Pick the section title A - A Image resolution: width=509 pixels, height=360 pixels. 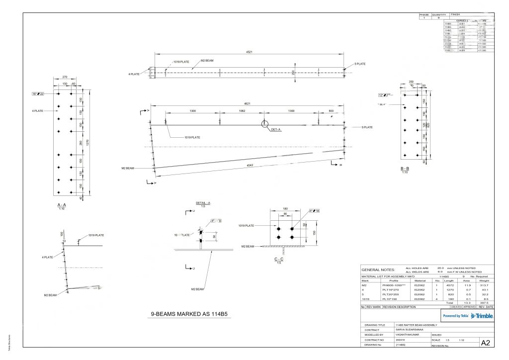coord(62,205)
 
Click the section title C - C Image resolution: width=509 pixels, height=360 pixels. coord(279,259)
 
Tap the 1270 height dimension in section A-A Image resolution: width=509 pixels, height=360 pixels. coord(88,143)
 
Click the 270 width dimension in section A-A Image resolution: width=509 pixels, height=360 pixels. coord(64,77)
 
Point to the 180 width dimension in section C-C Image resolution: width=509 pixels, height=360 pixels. coord(285,209)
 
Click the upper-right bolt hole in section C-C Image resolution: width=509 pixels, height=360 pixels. coord(291,230)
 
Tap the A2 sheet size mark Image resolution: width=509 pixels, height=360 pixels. coord(486,343)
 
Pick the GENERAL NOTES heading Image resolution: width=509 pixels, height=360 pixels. coord(377,270)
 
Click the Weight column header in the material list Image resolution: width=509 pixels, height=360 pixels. coord(484,281)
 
